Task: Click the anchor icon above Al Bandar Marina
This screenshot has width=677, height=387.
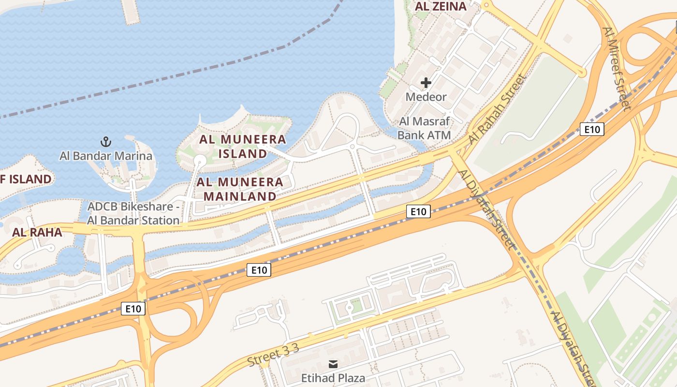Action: [105, 142]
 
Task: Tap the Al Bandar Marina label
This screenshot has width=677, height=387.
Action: [105, 156]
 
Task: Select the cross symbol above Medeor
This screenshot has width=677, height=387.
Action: [426, 83]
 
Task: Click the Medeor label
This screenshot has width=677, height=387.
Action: [426, 97]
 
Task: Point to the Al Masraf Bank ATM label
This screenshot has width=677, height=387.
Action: [425, 128]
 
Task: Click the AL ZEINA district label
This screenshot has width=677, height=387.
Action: [441, 6]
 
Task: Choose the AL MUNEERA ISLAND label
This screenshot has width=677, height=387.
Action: [243, 147]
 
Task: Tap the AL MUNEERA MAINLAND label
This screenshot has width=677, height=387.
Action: [240, 189]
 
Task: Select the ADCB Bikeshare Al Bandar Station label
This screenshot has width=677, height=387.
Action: [133, 213]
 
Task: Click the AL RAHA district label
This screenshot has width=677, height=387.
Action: [37, 232]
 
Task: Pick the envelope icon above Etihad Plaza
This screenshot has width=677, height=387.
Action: [333, 364]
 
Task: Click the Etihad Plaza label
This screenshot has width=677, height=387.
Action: [333, 378]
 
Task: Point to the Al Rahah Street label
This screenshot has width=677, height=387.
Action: [497, 110]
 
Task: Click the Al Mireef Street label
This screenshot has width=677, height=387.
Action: [617, 68]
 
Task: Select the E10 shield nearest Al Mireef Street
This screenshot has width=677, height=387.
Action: [592, 129]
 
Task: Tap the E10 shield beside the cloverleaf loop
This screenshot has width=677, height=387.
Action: [133, 309]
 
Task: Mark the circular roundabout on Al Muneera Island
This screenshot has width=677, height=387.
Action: [200, 160]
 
